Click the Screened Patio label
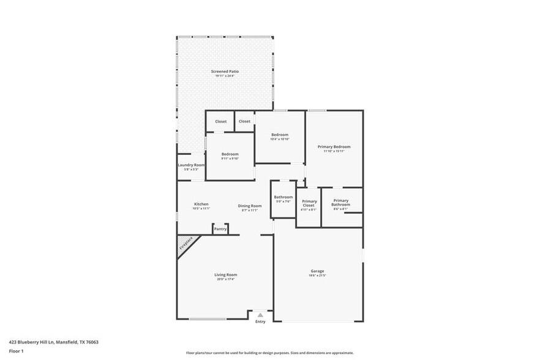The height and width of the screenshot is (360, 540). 225,72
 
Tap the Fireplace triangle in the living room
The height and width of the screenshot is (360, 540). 186,244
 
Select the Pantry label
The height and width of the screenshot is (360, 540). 220,229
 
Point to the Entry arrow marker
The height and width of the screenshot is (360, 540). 260,315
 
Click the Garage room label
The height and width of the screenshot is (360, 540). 317,271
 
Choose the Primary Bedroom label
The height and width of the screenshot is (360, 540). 334,147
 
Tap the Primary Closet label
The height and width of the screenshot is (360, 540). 309,203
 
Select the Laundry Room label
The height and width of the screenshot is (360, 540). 190,165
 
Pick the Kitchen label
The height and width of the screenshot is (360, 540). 201,204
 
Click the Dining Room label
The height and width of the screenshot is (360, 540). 250,206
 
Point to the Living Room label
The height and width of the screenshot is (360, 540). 225,275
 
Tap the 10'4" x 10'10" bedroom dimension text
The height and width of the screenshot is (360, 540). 279,139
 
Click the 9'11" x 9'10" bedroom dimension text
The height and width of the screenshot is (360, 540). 230,159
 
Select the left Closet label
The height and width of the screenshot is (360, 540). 220,121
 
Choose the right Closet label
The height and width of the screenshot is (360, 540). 244,121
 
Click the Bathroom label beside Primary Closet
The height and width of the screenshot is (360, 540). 283,197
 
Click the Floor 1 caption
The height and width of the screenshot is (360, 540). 16,351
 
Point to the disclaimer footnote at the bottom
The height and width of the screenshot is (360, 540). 269,353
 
